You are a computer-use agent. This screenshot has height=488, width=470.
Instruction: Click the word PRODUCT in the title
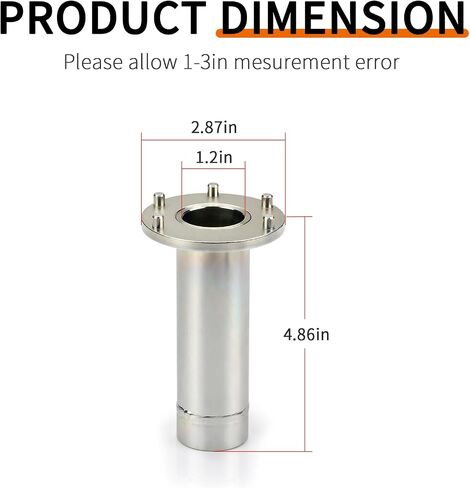[x=103, y=17]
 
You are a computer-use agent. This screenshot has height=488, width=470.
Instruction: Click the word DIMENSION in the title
[x=342, y=17]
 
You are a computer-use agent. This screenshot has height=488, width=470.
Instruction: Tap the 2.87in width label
[x=214, y=127]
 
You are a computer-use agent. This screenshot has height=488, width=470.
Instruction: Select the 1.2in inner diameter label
[x=214, y=157]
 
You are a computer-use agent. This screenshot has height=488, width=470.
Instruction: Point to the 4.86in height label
[x=306, y=334]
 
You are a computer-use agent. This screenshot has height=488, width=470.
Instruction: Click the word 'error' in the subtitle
[x=377, y=63]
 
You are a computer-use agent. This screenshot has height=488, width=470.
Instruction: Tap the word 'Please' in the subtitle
[x=93, y=62]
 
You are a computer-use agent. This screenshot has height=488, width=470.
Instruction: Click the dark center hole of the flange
[x=213, y=217]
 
